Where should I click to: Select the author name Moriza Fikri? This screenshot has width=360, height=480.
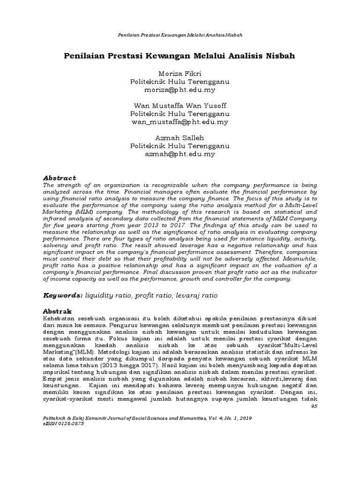tap(180, 74)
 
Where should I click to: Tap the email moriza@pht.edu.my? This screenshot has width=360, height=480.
tap(180, 90)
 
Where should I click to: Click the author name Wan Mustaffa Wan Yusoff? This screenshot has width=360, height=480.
tap(180, 106)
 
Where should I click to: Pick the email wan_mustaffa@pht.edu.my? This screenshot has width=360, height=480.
tap(180, 122)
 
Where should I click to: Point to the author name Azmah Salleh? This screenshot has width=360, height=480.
tap(180, 138)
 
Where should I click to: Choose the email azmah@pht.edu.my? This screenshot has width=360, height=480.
tap(180, 154)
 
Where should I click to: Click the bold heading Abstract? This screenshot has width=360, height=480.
tap(59, 178)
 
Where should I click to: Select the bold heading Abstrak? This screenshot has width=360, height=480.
tap(57, 311)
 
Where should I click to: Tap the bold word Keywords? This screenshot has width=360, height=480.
tap(63, 296)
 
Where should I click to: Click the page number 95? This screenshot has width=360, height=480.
tap(315, 406)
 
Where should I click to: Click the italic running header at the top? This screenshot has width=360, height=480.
tap(180, 35)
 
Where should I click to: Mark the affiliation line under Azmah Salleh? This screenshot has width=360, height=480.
tap(180, 146)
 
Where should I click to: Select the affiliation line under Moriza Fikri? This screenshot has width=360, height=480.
tap(180, 82)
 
